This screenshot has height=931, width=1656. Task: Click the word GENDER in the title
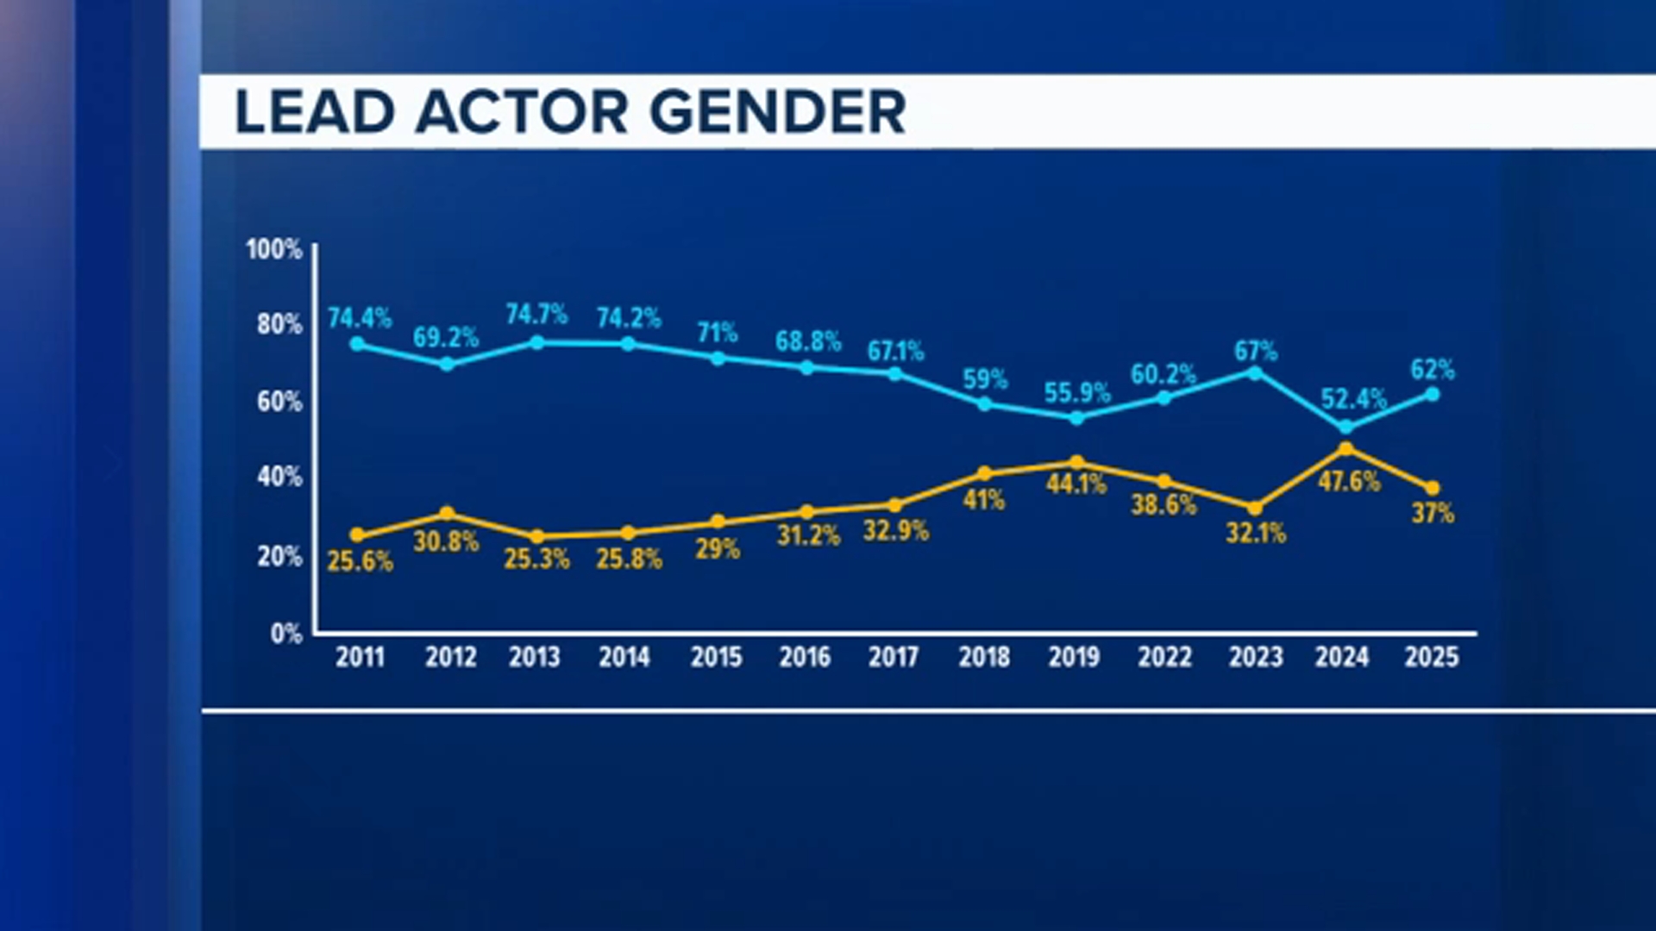777,112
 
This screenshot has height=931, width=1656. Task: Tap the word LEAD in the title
315,112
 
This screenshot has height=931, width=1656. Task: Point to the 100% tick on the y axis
274,250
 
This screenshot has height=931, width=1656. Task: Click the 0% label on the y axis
286,634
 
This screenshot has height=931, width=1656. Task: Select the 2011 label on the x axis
360,658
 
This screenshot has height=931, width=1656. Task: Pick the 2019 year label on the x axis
1074,658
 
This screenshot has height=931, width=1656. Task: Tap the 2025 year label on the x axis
1431,658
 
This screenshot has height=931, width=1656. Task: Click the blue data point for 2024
1345,428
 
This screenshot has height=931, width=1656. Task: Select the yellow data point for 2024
1345,448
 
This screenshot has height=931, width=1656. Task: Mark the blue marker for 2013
536,342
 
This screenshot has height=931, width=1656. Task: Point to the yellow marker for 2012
447,514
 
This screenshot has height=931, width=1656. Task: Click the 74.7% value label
536,314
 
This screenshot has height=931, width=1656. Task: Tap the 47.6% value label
1349,481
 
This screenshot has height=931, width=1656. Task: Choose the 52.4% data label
1353,399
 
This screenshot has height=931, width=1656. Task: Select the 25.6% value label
360,562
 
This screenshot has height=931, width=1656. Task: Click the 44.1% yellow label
1076,484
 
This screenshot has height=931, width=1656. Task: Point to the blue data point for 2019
1076,418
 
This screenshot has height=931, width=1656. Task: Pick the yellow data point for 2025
1432,488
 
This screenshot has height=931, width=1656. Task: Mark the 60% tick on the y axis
279,402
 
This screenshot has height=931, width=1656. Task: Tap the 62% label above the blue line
1432,370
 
